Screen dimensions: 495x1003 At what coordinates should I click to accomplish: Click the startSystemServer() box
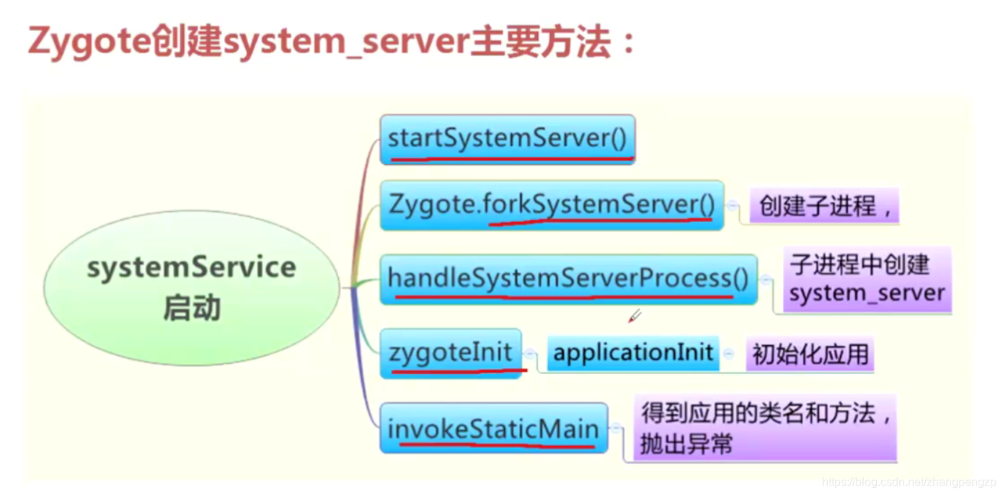tap(507, 138)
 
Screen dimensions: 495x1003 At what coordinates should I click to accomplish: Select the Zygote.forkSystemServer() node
tap(552, 205)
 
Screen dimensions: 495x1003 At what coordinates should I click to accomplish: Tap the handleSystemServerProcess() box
tap(568, 279)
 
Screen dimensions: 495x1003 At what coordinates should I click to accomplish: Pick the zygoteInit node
tap(451, 353)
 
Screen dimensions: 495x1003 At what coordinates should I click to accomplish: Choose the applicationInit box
tap(633, 353)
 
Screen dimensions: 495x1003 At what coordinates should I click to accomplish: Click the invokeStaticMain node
tap(494, 429)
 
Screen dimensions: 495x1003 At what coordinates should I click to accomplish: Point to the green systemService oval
tap(191, 287)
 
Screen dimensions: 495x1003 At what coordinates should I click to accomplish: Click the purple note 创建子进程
tap(825, 207)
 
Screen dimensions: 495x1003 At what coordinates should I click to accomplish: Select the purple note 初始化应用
tap(810, 354)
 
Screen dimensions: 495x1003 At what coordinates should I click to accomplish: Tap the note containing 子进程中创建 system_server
tap(866, 280)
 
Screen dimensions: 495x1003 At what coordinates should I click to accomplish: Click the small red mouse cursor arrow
tap(634, 316)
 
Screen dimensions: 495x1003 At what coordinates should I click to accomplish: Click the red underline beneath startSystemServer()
tap(511, 156)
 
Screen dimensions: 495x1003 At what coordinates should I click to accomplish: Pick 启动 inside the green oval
tap(191, 310)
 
